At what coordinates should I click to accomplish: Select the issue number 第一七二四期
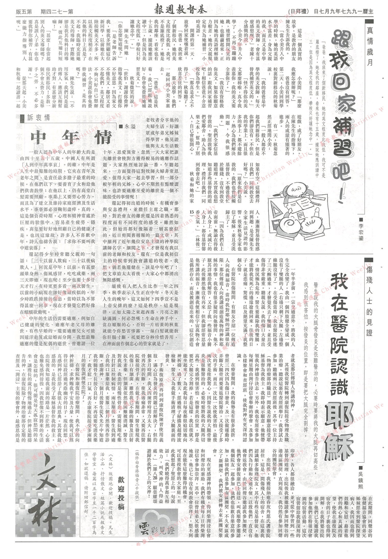tap(57, 11)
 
